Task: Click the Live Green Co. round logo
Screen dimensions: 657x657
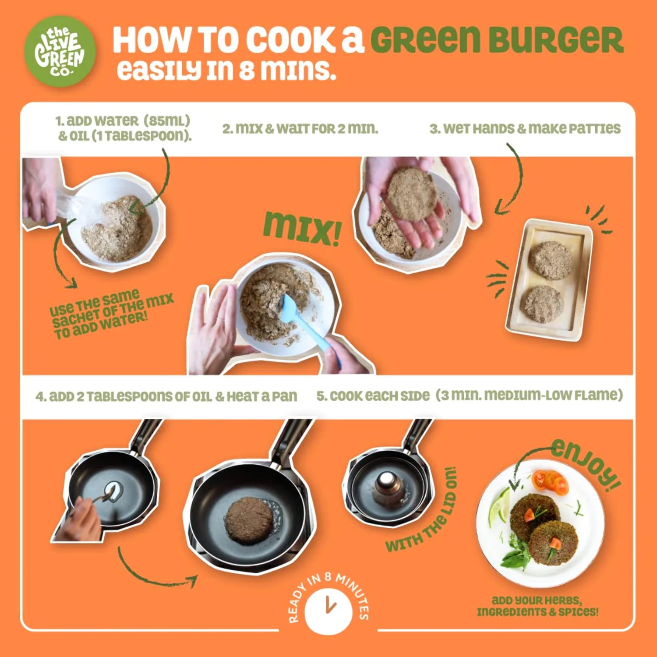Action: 60,51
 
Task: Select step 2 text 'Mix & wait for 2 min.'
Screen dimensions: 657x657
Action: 300,129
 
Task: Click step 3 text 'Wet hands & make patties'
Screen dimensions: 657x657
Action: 525,128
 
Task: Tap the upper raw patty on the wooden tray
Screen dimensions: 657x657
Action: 551,260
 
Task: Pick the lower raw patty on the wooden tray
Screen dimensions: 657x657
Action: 544,304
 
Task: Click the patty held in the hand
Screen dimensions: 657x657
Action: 411,194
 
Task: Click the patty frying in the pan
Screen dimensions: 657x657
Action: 248,520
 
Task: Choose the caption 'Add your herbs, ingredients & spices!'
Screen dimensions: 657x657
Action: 537,606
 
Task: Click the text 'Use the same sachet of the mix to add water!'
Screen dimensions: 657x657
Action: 112,314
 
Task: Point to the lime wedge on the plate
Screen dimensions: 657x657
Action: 499,507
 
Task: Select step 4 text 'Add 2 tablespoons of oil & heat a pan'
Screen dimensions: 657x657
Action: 166,396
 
